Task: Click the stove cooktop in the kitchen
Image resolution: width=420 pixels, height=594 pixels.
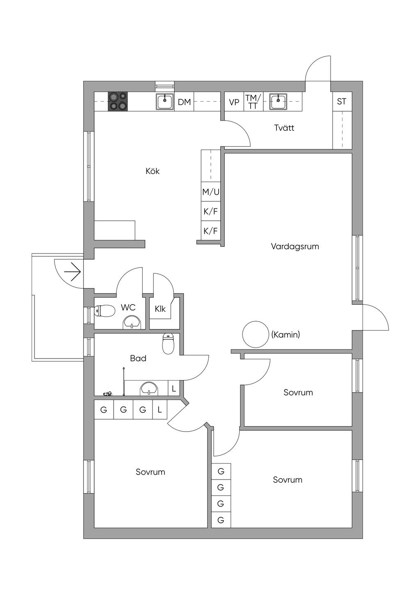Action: tap(117, 101)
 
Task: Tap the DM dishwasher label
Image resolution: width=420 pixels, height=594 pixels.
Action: tap(184, 102)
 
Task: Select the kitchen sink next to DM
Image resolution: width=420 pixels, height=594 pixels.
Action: tap(165, 101)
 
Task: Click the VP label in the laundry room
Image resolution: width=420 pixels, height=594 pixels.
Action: tap(234, 102)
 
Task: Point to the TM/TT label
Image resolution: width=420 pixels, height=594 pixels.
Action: tap(253, 102)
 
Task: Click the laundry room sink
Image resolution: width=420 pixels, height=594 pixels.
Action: tap(278, 101)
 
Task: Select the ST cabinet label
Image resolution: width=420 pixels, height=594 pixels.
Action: tap(342, 101)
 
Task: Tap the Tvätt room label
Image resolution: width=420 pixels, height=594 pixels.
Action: tap(284, 128)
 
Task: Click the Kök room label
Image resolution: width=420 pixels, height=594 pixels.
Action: tap(153, 171)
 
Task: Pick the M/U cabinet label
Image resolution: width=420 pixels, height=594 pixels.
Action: tap(211, 192)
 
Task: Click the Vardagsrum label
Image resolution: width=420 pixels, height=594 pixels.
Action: tap(295, 247)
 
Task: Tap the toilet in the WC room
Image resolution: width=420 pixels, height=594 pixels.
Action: tap(105, 311)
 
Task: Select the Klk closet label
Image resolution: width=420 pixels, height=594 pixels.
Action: tap(160, 308)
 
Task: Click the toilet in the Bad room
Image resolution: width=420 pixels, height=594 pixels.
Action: tap(168, 343)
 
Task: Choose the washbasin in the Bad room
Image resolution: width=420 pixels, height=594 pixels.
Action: tap(149, 388)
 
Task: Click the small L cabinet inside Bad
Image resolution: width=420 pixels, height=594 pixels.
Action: tap(174, 388)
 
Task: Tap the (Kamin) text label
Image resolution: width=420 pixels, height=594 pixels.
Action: tap(285, 335)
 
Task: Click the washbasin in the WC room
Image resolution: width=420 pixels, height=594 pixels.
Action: tap(132, 322)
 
